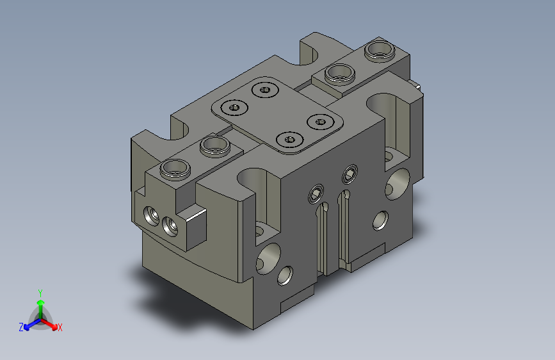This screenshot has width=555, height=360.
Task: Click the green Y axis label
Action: point(40,293)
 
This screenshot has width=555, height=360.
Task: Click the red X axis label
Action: point(60,327)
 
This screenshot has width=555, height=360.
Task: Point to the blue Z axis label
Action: point(21,327)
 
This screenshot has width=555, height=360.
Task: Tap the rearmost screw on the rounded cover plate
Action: point(265,90)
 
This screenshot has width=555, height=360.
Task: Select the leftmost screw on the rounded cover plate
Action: point(234,107)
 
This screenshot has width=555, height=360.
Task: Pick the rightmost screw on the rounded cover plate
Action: point(321,122)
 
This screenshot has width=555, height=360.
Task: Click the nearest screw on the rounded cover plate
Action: point(290,139)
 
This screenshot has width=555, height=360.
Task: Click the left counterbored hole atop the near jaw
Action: point(175,169)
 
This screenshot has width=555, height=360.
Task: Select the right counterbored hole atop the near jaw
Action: point(215,146)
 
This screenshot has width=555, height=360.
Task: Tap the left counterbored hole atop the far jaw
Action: point(340,74)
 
